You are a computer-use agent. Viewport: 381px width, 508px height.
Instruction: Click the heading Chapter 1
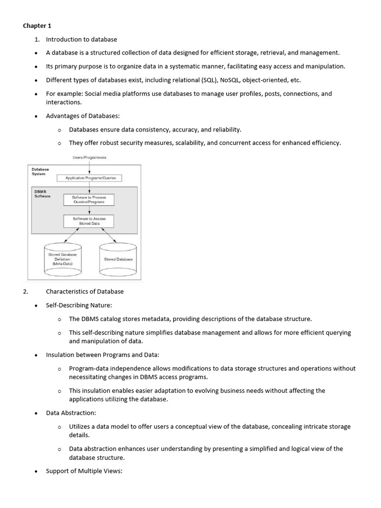click(37, 25)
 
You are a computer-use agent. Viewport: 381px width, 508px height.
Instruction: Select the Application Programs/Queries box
click(89, 178)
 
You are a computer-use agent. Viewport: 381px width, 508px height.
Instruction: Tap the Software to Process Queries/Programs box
click(89, 200)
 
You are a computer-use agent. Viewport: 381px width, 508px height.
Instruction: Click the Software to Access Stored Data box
click(89, 221)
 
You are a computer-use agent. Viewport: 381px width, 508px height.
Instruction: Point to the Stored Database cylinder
click(118, 259)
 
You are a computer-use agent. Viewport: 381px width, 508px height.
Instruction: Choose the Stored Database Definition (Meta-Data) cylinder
click(63, 259)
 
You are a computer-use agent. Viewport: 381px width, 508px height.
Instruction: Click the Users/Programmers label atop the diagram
click(89, 158)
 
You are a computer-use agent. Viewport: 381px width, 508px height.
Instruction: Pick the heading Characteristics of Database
click(85, 291)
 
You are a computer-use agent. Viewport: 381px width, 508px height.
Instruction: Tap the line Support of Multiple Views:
click(84, 471)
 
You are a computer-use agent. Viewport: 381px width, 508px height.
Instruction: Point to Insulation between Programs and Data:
click(102, 355)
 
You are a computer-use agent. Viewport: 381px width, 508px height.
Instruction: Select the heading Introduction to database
click(81, 39)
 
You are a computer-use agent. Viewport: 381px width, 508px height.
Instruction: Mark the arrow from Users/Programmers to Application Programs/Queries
click(89, 167)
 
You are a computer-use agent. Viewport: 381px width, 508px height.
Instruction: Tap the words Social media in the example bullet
click(102, 93)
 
